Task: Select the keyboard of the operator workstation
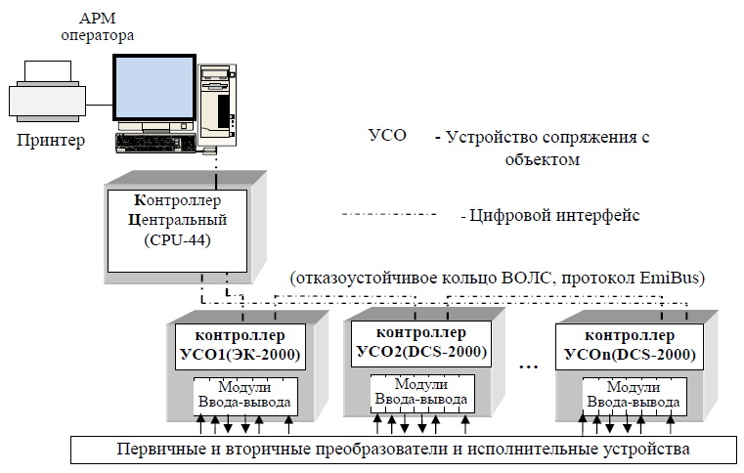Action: click(157, 142)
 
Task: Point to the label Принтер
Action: click(51, 140)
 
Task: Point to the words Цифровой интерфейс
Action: click(556, 215)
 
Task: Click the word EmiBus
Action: click(669, 278)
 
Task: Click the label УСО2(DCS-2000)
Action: click(422, 350)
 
